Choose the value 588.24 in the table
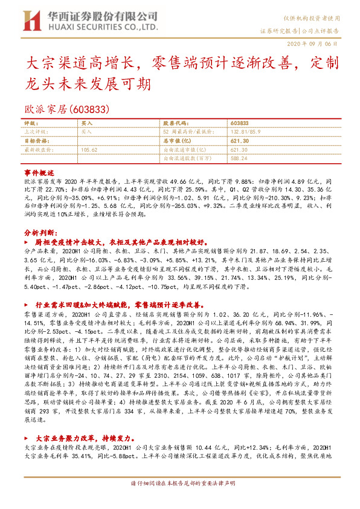(239, 157)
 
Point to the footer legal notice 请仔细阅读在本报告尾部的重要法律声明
(183, 501)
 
